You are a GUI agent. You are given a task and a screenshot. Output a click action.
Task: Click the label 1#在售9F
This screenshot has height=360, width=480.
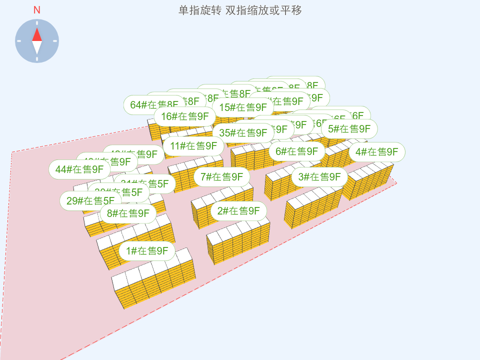coord(147,251)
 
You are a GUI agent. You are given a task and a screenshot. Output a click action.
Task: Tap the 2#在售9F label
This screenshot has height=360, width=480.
coord(238,211)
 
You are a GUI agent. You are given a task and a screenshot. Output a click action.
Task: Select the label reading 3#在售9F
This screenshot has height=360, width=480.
coord(319,177)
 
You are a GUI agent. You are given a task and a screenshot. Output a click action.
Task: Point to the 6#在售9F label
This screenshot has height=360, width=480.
coord(296,151)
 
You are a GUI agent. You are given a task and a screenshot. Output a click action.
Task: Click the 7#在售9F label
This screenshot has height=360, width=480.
coord(222,176)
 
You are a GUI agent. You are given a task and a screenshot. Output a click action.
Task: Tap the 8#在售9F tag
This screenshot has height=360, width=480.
coord(128,213)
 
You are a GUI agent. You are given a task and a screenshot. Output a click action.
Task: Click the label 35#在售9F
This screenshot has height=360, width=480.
coord(243,133)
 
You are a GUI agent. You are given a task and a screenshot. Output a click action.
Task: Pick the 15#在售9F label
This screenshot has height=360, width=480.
coord(243,107)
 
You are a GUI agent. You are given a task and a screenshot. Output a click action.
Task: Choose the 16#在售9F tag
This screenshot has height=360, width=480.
coord(184,116)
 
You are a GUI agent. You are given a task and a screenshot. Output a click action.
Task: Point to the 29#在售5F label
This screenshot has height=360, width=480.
coord(87,201)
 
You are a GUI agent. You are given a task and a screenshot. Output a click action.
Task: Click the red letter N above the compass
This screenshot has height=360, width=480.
coord(37,10)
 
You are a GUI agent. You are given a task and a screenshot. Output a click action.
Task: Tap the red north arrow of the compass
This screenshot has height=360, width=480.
coord(37,34)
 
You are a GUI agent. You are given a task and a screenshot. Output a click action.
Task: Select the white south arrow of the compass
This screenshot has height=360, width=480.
coord(37,47)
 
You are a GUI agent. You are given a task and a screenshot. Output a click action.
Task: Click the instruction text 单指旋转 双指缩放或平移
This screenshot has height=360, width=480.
coord(240,10)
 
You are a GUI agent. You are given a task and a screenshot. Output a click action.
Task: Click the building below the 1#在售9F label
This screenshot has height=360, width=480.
coord(153,280)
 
